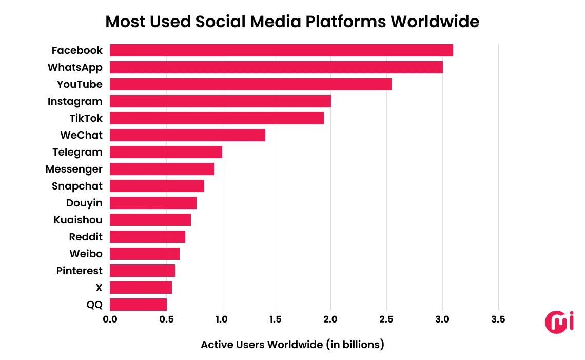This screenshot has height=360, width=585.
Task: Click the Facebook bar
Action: tap(281, 50)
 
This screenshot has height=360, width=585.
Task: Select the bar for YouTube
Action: tap(250, 84)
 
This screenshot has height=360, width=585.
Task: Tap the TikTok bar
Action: tap(217, 118)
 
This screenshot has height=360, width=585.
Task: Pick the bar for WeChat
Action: tap(187, 135)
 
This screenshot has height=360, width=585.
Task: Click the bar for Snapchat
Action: tap(157, 186)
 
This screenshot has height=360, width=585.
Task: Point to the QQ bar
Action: tap(138, 305)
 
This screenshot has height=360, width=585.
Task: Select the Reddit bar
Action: tap(147, 237)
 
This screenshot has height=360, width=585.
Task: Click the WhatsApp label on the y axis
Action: tap(75, 67)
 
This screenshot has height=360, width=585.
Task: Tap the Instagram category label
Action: tap(75, 101)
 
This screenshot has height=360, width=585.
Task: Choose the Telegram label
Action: tap(77, 152)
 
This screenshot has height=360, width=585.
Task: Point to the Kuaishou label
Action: tap(78, 220)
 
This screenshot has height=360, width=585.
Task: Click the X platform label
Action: tap(99, 288)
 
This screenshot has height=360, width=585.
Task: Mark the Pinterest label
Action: tap(80, 271)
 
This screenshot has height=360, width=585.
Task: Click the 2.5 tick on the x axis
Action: tap(386, 319)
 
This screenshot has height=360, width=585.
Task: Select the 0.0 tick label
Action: tap(110, 319)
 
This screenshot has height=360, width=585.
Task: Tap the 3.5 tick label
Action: tap(497, 319)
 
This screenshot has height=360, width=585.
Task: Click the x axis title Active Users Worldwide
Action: tap(292, 345)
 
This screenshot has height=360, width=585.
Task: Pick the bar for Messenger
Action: tap(162, 169)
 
